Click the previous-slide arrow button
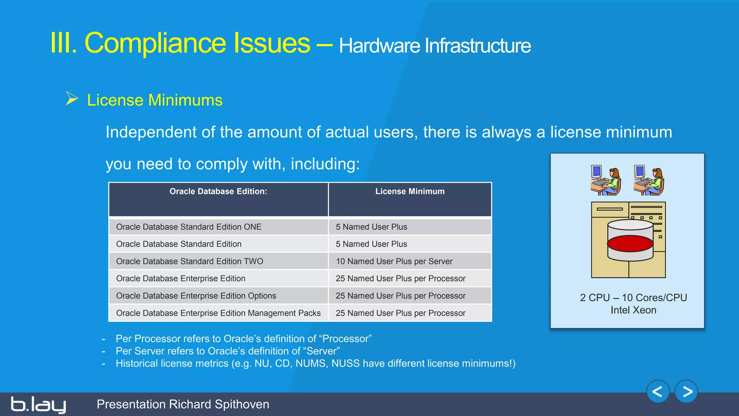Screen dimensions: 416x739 pos(658,391)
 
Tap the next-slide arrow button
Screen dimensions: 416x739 pos(686,391)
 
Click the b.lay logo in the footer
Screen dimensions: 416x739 pos(38,404)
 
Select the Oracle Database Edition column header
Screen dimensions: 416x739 pos(218,192)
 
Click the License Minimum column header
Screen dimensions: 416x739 pos(410,192)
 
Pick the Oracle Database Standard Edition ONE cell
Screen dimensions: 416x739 pos(189,227)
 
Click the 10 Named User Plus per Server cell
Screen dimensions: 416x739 pos(394,261)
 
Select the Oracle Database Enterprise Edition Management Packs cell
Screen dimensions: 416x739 pos(218,313)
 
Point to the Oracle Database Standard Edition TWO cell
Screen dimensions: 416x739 pos(189,261)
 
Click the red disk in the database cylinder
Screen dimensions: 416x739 pos(630,244)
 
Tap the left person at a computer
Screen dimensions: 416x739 pos(605,180)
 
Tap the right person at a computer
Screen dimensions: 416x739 pos(649,180)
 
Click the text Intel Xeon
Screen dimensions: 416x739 pos(633,310)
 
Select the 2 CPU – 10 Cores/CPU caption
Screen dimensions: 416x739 pos(633,298)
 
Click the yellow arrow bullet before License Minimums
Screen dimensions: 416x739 pos(72,99)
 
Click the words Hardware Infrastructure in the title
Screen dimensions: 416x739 pos(434,46)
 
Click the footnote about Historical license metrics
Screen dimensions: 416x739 pos(315,363)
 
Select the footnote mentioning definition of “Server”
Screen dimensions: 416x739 pos(227,351)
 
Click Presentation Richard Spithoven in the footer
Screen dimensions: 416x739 pos(183,404)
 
